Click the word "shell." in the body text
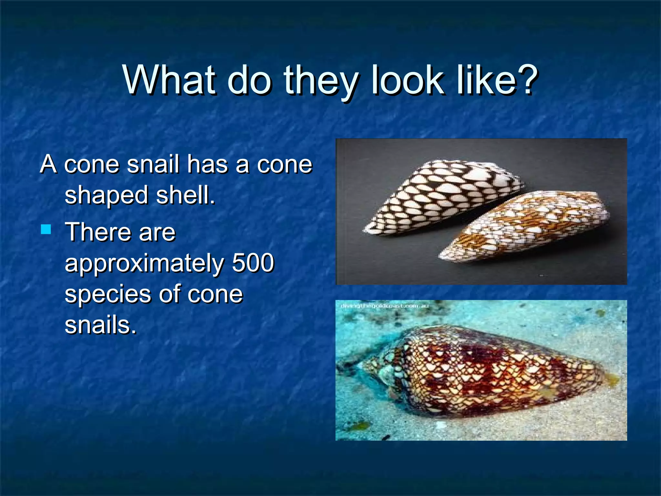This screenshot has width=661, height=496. coord(185,195)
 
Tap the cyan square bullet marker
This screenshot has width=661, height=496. coord(46,230)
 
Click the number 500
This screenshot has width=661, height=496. coord(253,263)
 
